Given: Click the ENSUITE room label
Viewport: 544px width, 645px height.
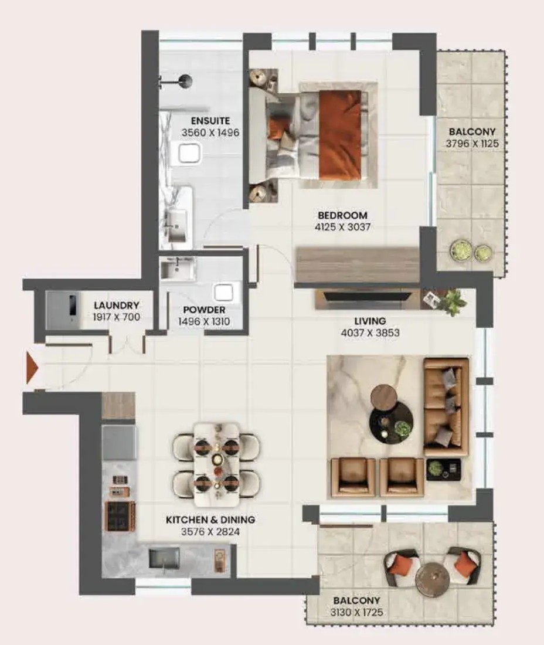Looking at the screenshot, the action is coord(210,121).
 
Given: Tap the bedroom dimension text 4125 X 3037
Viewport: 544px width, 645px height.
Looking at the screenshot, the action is coord(342,227).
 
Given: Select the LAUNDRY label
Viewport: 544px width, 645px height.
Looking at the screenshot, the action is coord(117,305).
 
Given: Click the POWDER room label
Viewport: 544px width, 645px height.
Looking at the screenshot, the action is coord(204,310).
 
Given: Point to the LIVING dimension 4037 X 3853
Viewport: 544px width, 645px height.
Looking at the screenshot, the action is coord(370,333).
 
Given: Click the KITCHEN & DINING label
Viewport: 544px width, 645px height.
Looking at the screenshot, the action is coord(210,520).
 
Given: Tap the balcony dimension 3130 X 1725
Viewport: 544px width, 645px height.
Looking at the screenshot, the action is coord(356,613).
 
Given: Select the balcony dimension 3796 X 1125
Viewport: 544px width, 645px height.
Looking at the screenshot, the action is coord(472,144).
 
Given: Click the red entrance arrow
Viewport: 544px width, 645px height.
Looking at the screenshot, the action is coord(32,367).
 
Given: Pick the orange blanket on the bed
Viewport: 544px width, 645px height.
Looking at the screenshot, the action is coord(340,135).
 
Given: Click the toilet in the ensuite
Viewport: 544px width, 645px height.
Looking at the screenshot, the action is coord(189,153).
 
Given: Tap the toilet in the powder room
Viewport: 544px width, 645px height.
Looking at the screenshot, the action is coord(223,293).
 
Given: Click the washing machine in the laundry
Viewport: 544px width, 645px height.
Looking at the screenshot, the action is coord(63,310).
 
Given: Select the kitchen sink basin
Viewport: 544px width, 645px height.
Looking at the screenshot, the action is coord(164,558).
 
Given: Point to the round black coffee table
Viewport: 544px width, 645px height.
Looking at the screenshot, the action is coord(392,421).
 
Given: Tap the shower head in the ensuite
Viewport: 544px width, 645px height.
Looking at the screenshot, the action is coord(186,81).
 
